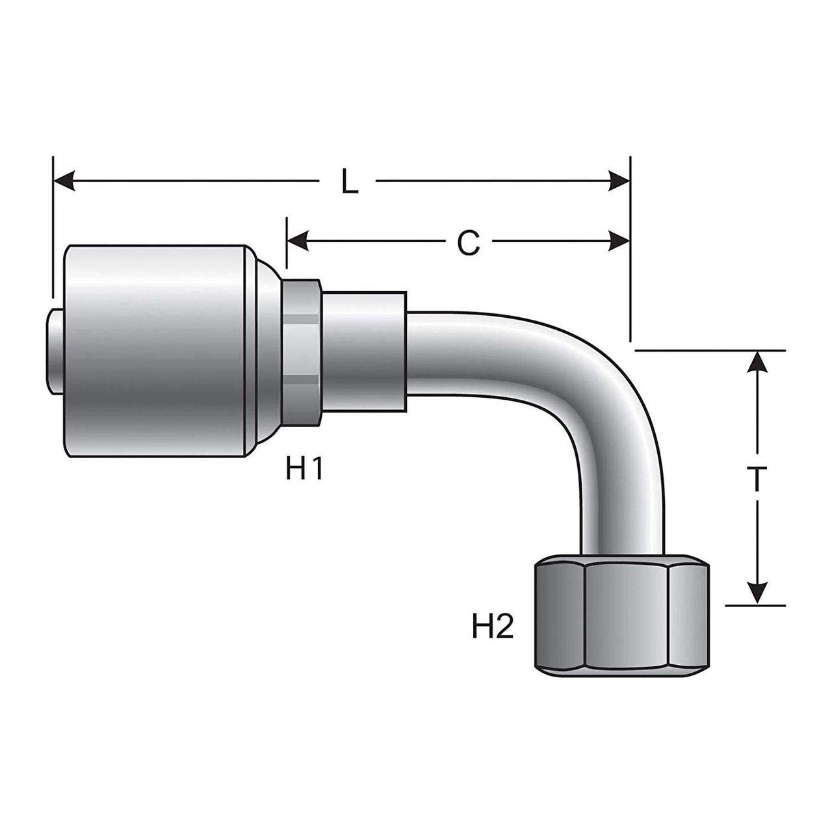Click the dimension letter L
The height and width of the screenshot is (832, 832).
click(350, 183)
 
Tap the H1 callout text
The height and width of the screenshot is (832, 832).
click(304, 469)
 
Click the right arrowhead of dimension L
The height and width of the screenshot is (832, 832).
click(618, 182)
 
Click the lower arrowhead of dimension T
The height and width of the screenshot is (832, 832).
click(756, 592)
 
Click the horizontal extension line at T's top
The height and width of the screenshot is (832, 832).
click(708, 350)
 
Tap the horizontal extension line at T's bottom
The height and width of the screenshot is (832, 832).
click(754, 605)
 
